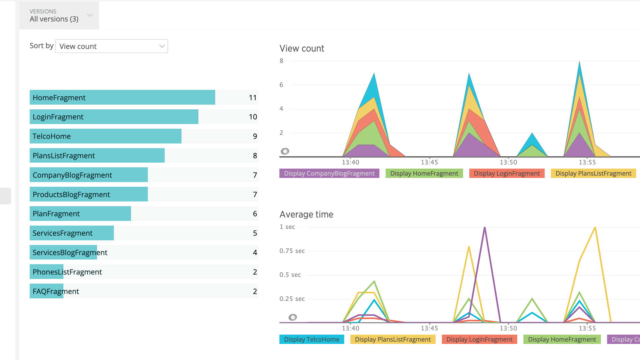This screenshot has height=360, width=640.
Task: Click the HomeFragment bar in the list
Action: [122, 98]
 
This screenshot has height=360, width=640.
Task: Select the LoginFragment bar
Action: [114, 117]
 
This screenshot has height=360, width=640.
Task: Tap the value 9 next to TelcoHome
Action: [255, 136]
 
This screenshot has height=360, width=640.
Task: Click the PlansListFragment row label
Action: [64, 156]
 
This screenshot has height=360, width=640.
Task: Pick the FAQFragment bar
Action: [46, 291]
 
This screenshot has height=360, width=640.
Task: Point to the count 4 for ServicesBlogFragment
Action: [255, 253]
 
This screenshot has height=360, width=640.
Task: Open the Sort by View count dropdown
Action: [112, 46]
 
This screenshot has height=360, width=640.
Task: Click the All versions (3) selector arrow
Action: [90, 15]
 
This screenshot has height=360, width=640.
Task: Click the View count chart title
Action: [302, 49]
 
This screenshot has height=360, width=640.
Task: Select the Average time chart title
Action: [306, 215]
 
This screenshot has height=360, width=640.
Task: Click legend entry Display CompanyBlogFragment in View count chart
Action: [329, 173]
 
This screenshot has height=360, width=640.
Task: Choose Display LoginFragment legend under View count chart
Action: [506, 173]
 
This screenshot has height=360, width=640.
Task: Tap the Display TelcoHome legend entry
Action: [311, 339]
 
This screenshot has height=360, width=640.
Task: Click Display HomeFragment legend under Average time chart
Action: [562, 339]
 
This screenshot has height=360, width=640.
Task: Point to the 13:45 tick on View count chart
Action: [429, 162]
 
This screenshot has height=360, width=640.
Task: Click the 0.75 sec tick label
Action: [292, 251]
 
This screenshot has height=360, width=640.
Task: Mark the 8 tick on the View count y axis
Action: [281, 61]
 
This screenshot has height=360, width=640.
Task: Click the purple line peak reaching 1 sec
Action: [485, 228]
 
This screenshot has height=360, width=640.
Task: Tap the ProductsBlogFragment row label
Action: [71, 195]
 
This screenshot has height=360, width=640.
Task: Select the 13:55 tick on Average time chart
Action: [587, 328]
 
